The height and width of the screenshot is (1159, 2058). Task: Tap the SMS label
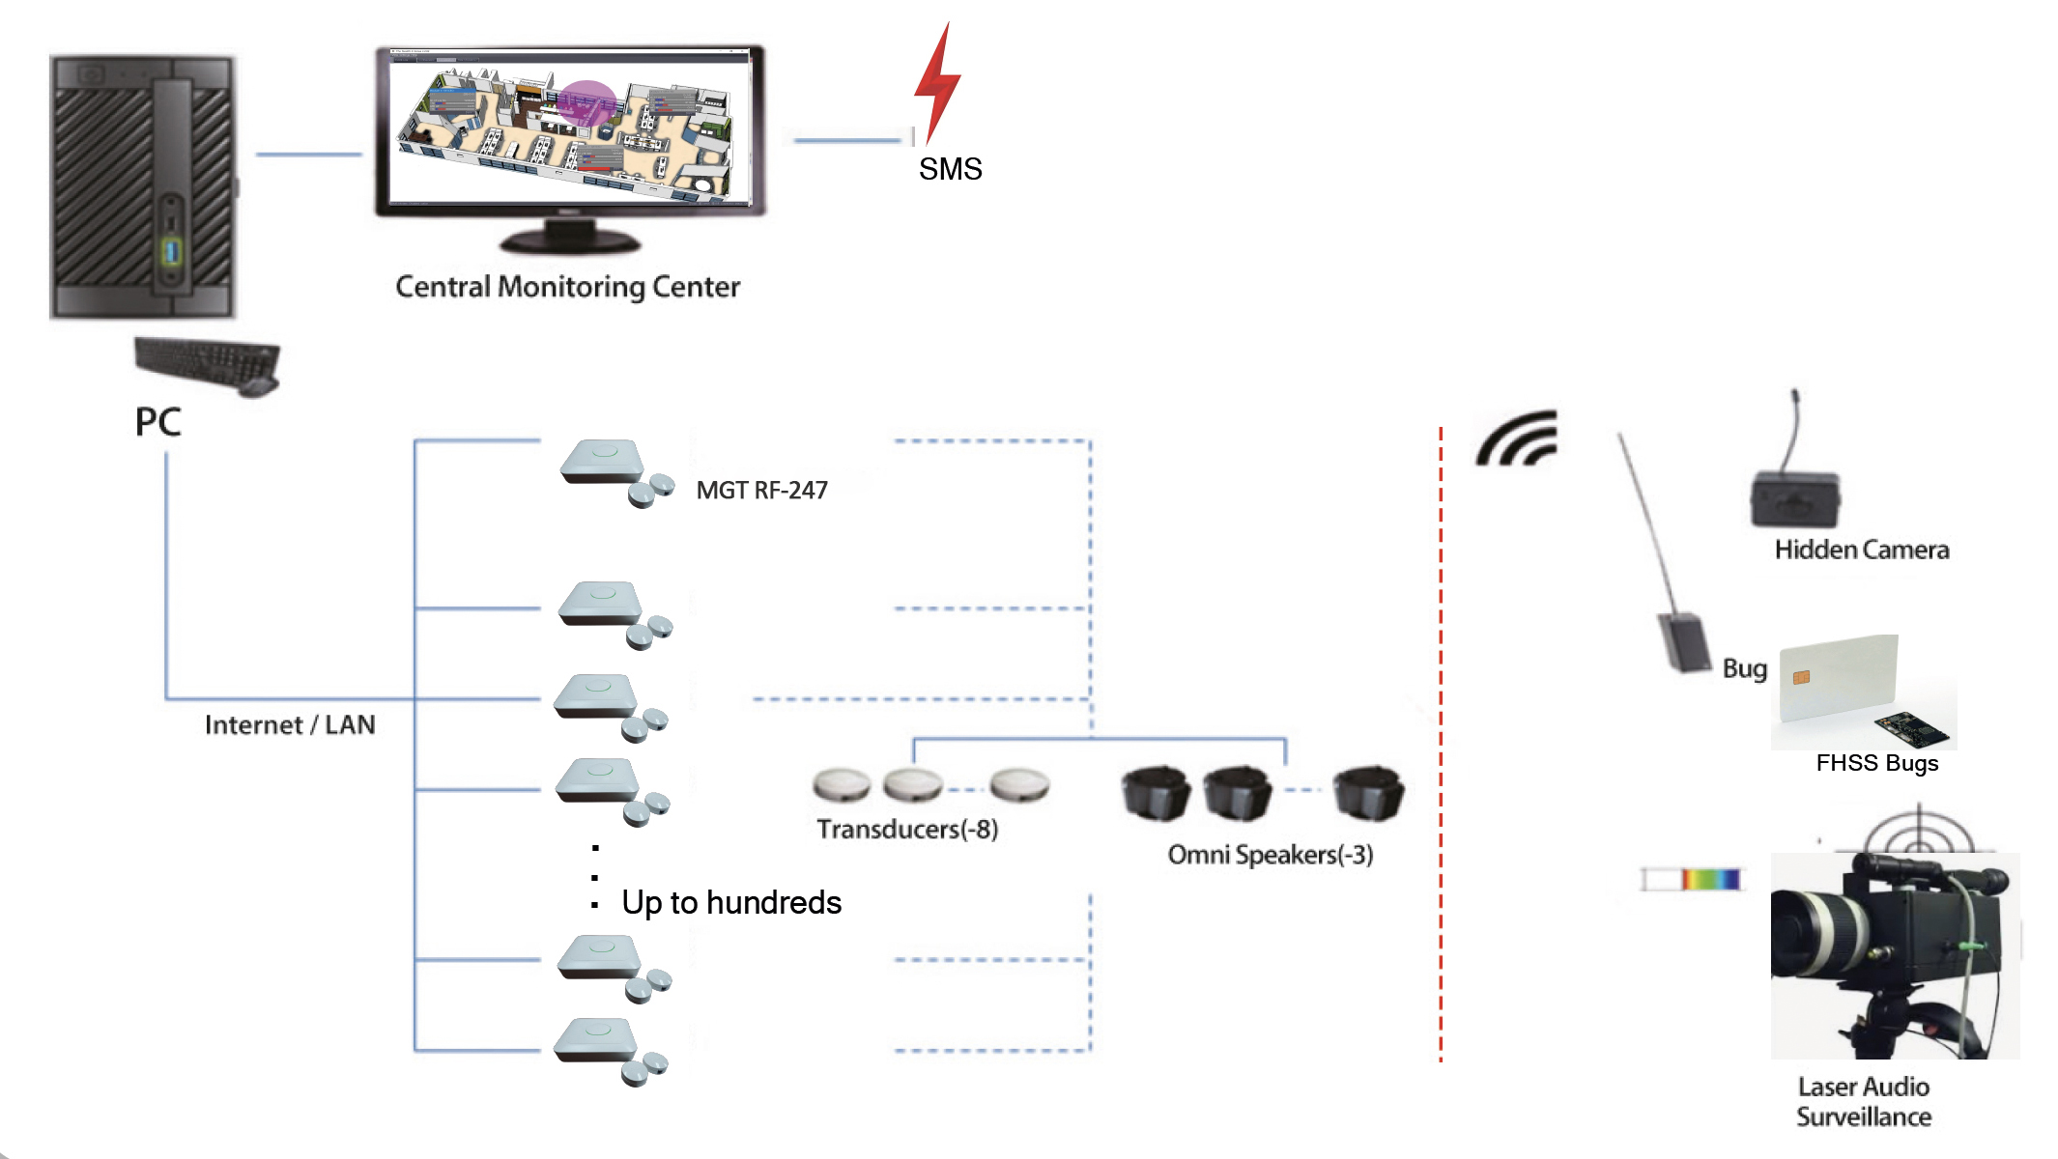click(950, 169)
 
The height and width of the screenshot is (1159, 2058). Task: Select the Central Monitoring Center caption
click(567, 287)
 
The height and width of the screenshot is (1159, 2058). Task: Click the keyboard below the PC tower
click(208, 365)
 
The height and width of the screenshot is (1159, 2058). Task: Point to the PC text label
click(157, 422)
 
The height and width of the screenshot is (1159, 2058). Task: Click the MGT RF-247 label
click(761, 491)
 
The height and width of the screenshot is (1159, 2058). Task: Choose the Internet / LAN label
click(290, 725)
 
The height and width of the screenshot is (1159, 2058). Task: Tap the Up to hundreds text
click(731, 903)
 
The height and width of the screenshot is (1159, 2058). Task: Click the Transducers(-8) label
click(907, 830)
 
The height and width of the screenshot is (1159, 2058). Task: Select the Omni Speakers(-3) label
click(1270, 855)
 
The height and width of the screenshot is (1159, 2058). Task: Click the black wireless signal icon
click(1517, 439)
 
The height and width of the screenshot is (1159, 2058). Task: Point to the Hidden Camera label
click(1861, 551)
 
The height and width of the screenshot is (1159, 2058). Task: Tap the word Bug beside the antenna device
click(1744, 668)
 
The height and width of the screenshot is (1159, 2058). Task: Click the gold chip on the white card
click(1801, 677)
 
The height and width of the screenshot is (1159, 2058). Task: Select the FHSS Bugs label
click(1876, 763)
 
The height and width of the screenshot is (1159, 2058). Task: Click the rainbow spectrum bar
click(1710, 879)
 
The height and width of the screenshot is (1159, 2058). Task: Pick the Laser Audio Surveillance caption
click(1864, 1102)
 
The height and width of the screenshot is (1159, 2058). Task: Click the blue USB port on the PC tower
click(172, 253)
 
